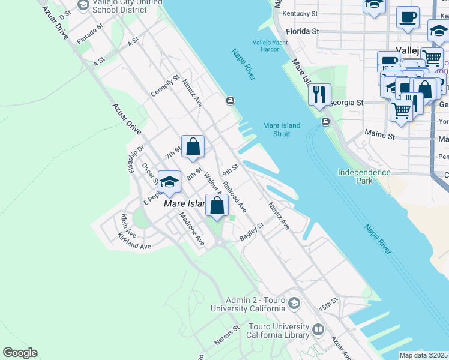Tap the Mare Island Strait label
click(276, 130)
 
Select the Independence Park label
click(364, 176)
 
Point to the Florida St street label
click(302, 31)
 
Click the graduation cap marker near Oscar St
click(170, 182)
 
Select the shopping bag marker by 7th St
click(193, 146)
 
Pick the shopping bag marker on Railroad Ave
click(217, 205)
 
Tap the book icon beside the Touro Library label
click(318, 329)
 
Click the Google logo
click(20, 353)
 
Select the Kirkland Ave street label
click(134, 245)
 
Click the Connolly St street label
click(165, 86)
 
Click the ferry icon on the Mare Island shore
click(230, 101)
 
